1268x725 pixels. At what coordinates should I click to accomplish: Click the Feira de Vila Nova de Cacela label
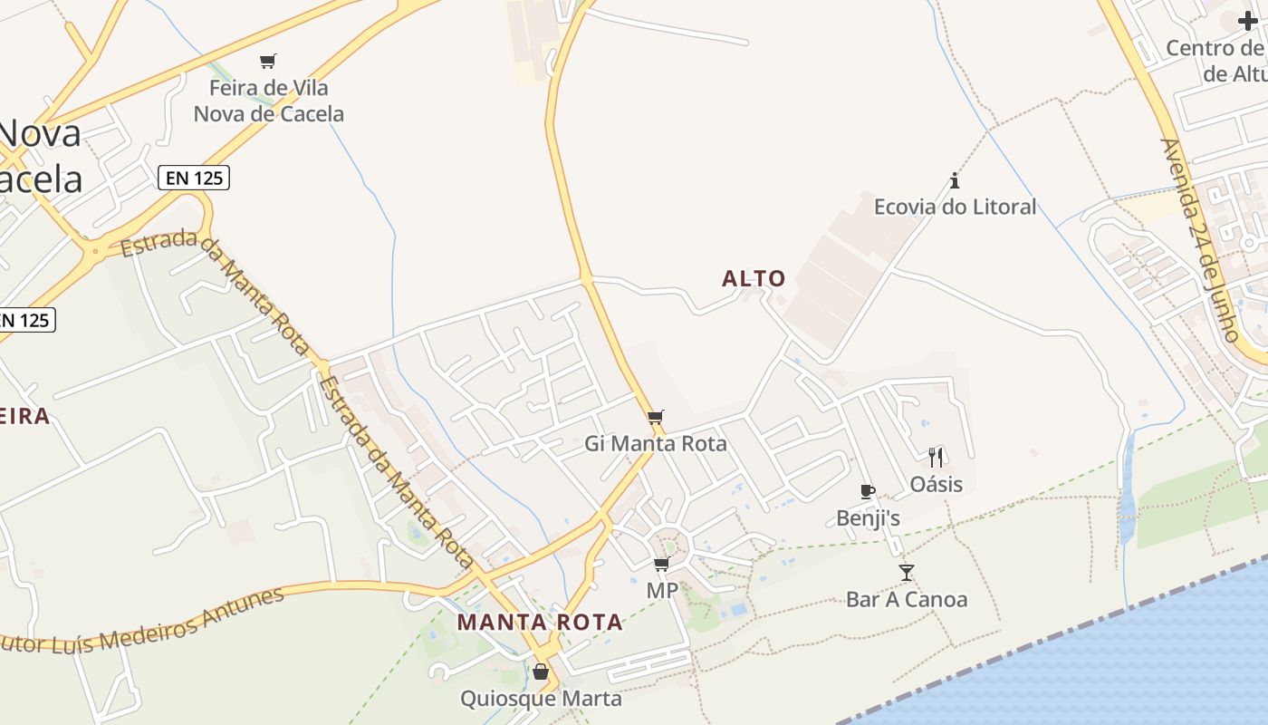269,101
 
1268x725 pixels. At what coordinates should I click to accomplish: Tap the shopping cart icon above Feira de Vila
267,62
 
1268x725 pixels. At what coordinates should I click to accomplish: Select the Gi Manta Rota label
656,443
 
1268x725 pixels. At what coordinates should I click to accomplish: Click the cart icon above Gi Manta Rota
656,417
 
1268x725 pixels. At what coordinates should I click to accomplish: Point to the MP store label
662,590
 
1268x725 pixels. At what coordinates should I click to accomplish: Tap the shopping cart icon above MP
662,565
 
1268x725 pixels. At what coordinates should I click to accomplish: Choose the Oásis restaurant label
937,484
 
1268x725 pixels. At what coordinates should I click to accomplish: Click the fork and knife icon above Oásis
936,457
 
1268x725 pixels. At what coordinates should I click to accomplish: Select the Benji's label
868,518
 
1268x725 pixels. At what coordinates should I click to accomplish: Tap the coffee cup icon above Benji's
868,492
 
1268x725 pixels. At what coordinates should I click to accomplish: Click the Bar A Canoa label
907,599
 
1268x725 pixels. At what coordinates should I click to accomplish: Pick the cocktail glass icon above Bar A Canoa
907,572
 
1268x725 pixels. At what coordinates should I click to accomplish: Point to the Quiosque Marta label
541,699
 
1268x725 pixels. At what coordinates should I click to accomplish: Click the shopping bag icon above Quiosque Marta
541,672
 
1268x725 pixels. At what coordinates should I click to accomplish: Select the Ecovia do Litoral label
955,207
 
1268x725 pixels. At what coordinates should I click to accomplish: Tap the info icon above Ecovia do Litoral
954,180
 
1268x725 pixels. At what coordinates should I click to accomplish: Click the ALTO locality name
754,278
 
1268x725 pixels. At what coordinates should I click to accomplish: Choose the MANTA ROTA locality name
540,623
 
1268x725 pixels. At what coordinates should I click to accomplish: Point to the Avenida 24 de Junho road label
1200,240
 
